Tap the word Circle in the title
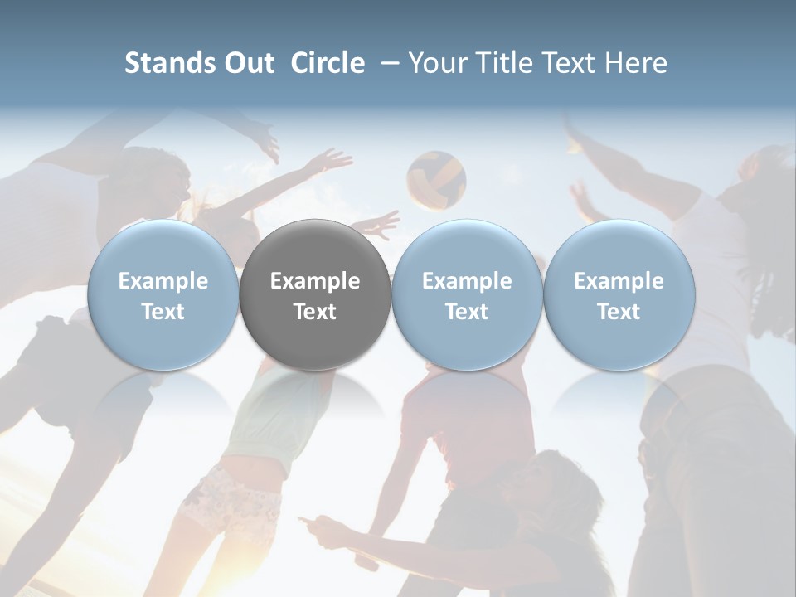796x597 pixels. tap(328, 63)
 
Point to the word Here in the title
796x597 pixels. tap(637, 63)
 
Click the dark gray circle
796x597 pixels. tap(315, 294)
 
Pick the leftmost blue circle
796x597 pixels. tap(163, 294)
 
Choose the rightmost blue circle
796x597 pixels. tap(619, 294)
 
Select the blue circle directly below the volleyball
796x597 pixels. tap(467, 294)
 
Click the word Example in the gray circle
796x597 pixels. tap(315, 281)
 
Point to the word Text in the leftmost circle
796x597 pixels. tap(163, 312)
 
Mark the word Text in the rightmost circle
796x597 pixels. tap(619, 312)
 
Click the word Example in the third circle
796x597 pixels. tap(467, 281)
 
